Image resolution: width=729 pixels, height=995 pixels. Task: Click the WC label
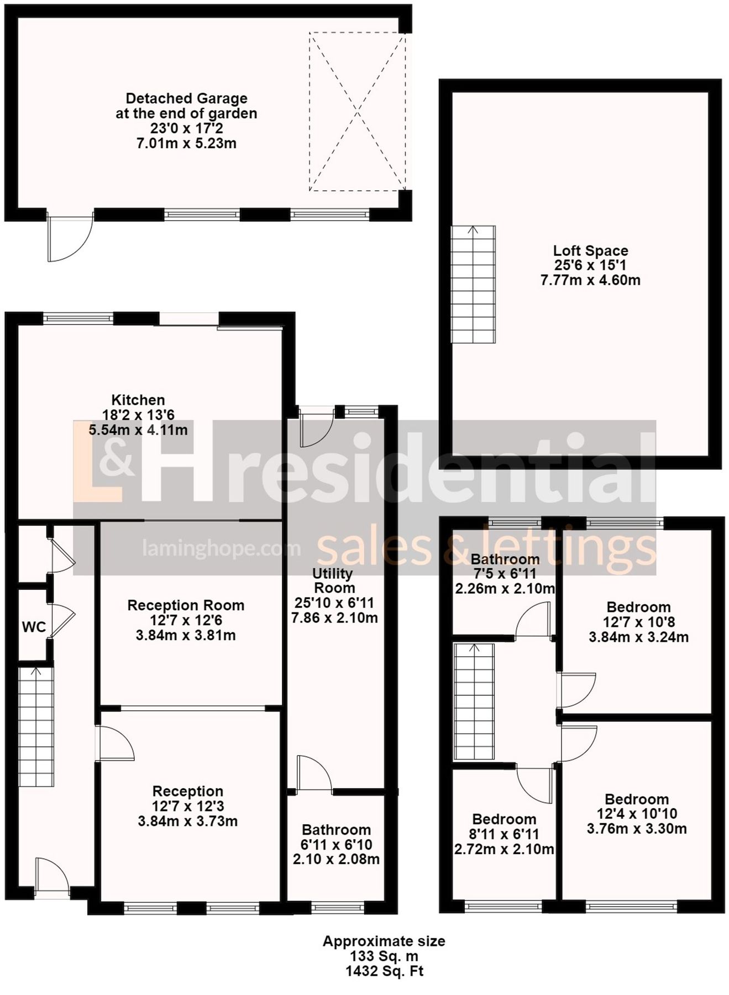click(x=34, y=627)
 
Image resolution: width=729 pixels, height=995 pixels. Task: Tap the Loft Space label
click(x=590, y=251)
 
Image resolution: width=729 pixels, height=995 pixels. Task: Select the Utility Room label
click(x=334, y=580)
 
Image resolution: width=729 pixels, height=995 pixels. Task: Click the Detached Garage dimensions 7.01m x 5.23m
click(x=186, y=144)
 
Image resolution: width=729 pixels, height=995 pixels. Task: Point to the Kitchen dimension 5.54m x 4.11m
click(x=138, y=430)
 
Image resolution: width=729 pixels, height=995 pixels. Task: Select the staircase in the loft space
click(x=473, y=284)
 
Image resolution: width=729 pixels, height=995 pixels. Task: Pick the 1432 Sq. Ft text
click(x=384, y=971)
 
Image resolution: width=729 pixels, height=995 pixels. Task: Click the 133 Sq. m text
click(x=384, y=956)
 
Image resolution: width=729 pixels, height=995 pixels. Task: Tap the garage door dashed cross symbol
click(x=357, y=112)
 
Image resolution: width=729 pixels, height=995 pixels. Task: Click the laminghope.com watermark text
click(x=221, y=548)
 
